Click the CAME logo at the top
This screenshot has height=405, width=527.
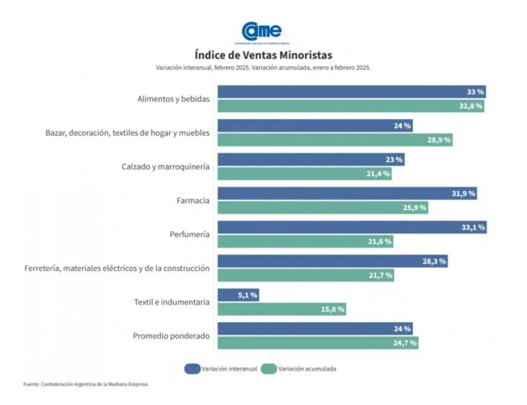coord(262,32)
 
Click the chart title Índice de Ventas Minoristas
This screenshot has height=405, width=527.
coord(263,55)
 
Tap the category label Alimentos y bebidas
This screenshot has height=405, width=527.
coord(173,99)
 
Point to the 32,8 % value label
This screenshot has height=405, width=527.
coord(471,106)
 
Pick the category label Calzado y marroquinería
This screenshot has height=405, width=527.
coord(166,167)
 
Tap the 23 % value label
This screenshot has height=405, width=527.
coord(394,160)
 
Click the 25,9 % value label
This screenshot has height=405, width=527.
coord(414,208)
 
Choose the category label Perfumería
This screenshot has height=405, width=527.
coord(189,234)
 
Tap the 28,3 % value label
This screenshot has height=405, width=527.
coord(434,261)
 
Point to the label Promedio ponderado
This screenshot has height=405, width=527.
coord(171,336)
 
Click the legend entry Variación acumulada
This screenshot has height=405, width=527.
coord(299,369)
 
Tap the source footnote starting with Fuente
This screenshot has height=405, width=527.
coord(85,384)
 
